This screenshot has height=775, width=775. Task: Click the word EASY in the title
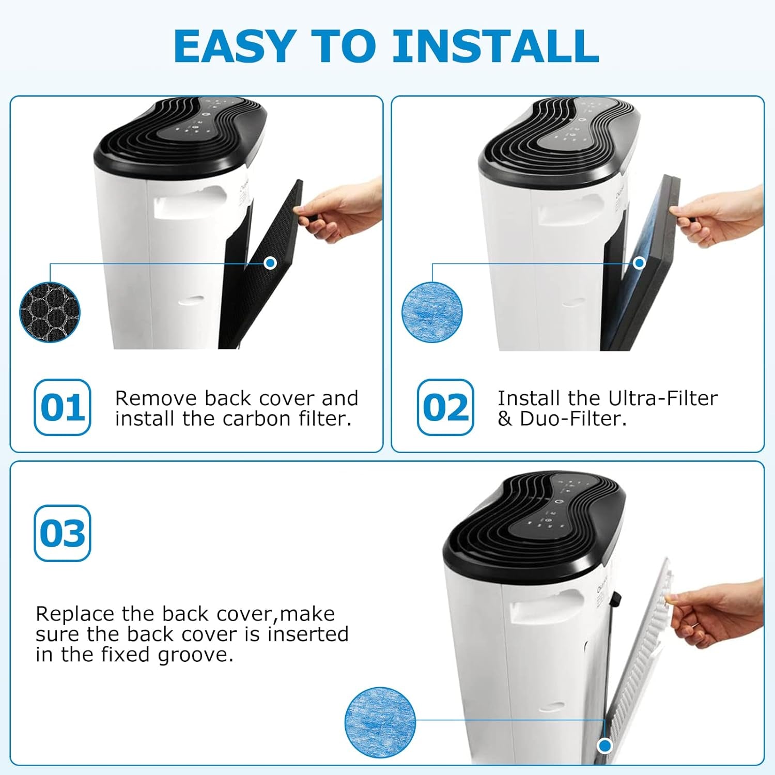click(x=235, y=47)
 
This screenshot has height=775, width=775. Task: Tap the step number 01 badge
click(x=63, y=408)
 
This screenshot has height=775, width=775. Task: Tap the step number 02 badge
click(x=445, y=408)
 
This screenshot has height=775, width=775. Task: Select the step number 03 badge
click(x=63, y=533)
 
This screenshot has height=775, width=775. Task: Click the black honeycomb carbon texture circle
click(x=50, y=312)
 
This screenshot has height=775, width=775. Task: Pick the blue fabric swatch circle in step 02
click(x=432, y=312)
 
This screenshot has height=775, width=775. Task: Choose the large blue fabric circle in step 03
click(x=380, y=722)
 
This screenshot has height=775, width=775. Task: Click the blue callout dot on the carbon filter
click(x=270, y=263)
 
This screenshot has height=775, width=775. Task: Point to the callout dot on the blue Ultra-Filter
click(x=639, y=263)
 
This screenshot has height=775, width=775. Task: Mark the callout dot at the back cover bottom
click(x=605, y=746)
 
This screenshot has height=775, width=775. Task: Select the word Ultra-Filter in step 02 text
click(x=662, y=398)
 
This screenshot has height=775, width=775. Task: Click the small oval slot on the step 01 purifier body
click(x=191, y=300)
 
